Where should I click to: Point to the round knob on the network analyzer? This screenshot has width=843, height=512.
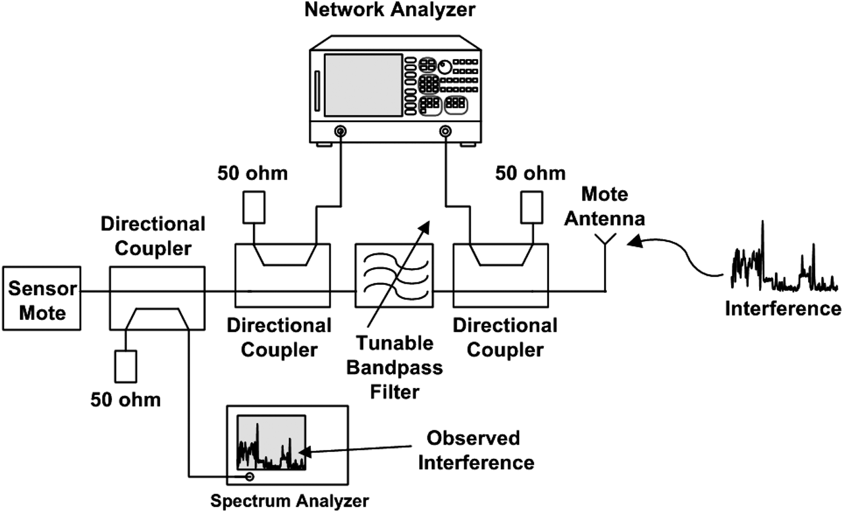pyautogui.click(x=444, y=67)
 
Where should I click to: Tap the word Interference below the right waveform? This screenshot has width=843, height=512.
pyautogui.click(x=782, y=308)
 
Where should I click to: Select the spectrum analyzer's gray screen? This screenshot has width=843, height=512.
pyautogui.click(x=271, y=443)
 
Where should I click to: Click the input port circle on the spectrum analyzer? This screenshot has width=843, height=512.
pyautogui.click(x=249, y=477)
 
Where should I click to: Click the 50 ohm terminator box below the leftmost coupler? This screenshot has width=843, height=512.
pyautogui.click(x=126, y=365)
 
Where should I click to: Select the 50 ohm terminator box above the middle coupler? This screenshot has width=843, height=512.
pyautogui.click(x=254, y=207)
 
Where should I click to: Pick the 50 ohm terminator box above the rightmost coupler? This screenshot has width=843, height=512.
pyautogui.click(x=531, y=207)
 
